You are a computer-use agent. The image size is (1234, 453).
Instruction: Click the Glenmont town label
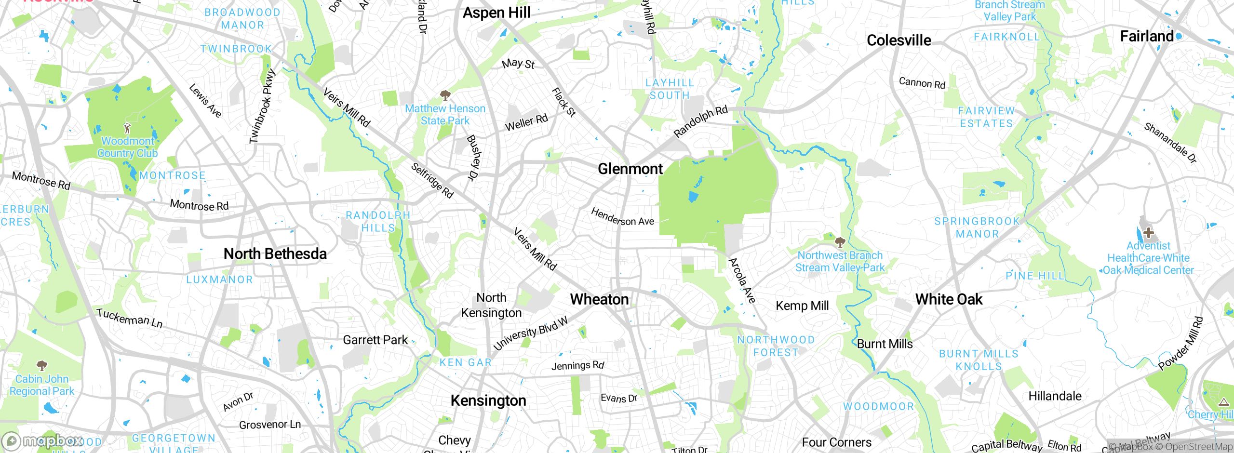tap(630, 169)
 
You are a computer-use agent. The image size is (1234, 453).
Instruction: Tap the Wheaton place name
tap(599, 299)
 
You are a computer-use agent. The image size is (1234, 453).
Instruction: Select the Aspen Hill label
tap(496, 13)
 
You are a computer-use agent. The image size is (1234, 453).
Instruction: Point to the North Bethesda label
tap(275, 253)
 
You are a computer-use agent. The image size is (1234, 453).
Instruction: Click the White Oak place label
tap(949, 299)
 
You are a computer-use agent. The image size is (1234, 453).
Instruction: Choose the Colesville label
tap(899, 40)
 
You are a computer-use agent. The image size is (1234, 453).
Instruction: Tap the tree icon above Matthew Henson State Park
tap(445, 95)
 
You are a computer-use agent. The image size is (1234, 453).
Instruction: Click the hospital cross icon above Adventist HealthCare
tap(1148, 233)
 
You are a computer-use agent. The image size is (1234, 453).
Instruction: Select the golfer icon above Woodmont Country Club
tap(127, 128)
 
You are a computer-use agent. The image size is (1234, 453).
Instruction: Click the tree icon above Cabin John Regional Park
tap(42, 365)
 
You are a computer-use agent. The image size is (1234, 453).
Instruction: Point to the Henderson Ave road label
tap(622, 217)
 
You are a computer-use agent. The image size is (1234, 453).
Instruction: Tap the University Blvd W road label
tap(530, 333)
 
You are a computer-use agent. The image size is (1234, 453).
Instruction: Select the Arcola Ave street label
tap(742, 280)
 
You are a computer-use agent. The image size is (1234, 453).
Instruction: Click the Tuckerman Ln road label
tap(129, 318)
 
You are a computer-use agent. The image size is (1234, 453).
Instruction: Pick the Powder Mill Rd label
tap(1180, 343)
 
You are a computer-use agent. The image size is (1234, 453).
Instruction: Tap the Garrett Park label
tap(375, 340)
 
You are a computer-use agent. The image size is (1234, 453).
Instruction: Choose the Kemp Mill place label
tap(802, 306)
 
